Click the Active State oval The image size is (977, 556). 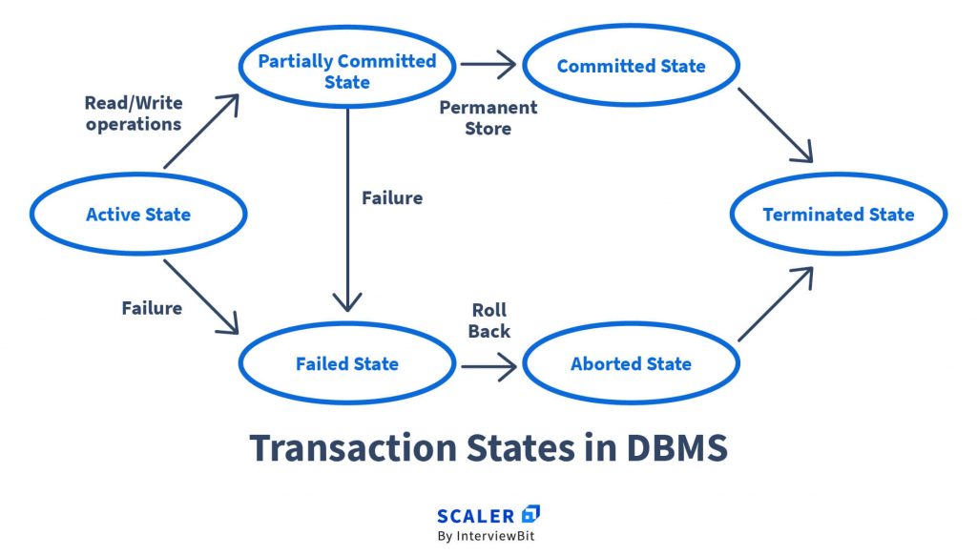point(138,215)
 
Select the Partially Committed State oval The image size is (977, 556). point(346,72)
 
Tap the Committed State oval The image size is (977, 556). point(631,67)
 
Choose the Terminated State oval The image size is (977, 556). point(838,215)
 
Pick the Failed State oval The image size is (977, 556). point(346,363)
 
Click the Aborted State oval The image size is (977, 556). point(631,363)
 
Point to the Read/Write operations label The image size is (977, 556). point(134,113)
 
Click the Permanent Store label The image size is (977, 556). point(488,117)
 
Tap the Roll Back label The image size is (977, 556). point(488,320)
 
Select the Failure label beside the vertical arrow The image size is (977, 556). point(391,198)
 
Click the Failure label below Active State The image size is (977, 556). point(152,308)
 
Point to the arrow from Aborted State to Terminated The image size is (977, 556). point(775,303)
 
